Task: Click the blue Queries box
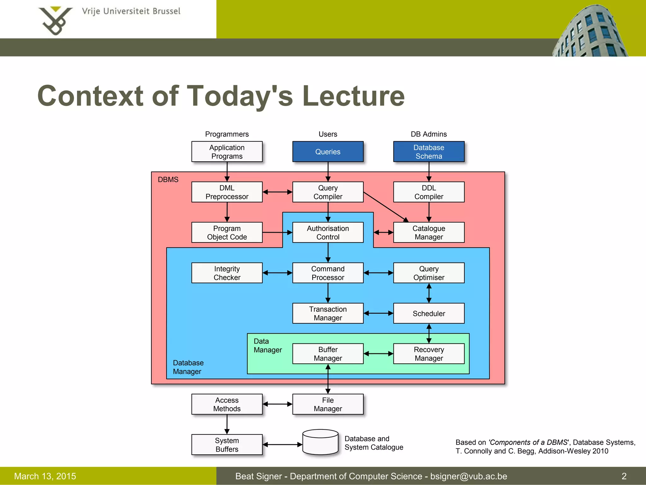click(x=328, y=152)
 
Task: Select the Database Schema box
click(x=429, y=152)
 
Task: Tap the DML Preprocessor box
click(x=227, y=192)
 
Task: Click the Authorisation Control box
click(x=328, y=232)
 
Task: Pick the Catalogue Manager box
click(x=429, y=232)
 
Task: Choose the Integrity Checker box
click(x=227, y=273)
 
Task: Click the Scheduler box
click(x=429, y=313)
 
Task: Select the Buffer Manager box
click(x=328, y=354)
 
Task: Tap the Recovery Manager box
click(x=429, y=354)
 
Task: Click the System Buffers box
click(x=227, y=445)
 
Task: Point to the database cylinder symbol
click(x=320, y=442)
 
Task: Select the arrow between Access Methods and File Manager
click(x=277, y=404)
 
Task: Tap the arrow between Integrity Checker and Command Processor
click(x=277, y=273)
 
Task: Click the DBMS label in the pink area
click(x=168, y=180)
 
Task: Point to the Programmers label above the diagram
click(x=227, y=134)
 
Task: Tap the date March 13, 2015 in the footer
click(x=45, y=476)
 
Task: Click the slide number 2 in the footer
click(x=624, y=476)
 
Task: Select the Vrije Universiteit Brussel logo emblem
click(x=56, y=21)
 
